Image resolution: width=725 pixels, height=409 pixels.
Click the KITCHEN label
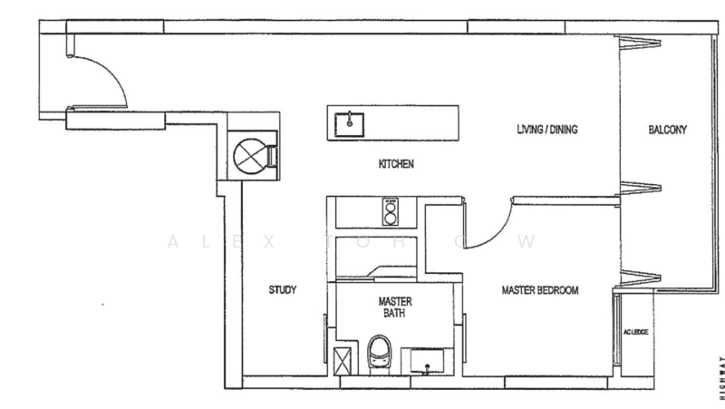(396, 165)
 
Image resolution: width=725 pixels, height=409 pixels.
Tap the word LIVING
(528, 130)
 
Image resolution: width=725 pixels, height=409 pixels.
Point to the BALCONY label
(667, 130)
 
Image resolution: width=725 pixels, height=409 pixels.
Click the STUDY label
(283, 290)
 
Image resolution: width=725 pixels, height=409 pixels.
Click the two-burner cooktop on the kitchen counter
(391, 212)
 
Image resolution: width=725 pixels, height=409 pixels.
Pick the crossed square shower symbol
(341, 360)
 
